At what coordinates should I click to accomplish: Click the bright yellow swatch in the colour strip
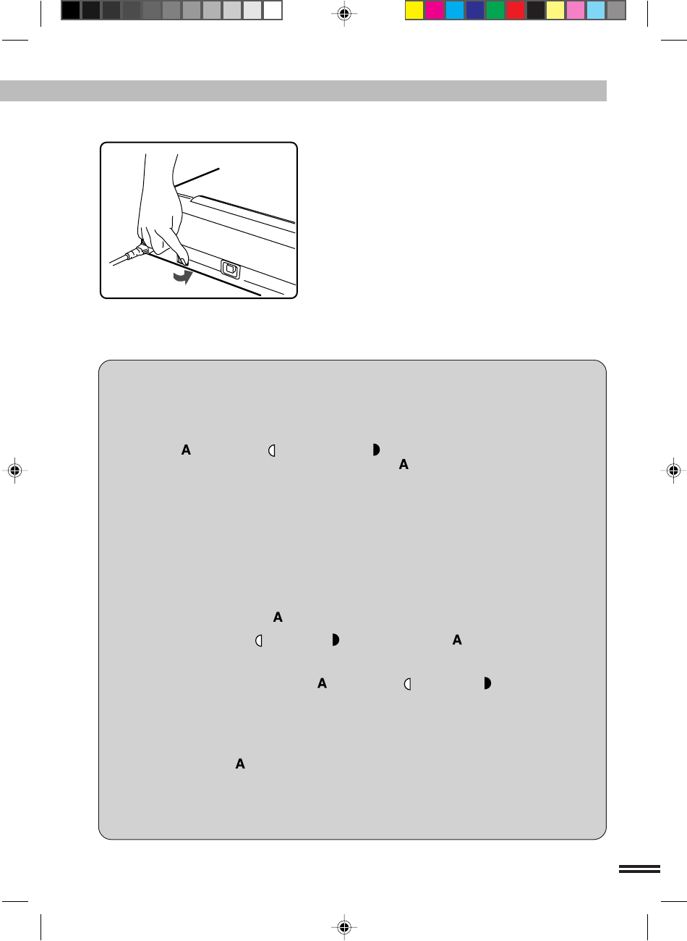[x=414, y=11]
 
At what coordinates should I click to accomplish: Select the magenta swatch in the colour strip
[x=435, y=11]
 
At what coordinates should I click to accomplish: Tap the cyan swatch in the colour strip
[x=454, y=11]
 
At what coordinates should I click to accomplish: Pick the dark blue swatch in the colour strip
[x=474, y=11]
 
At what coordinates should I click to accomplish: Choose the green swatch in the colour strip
[x=495, y=11]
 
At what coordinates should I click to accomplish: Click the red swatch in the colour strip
[x=516, y=11]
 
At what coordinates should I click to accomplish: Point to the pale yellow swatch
[x=555, y=11]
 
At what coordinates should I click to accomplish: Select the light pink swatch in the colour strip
[x=576, y=11]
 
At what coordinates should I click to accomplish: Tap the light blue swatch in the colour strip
[x=596, y=11]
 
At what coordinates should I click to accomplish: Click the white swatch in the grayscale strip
[x=273, y=11]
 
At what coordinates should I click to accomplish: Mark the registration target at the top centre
[x=344, y=14]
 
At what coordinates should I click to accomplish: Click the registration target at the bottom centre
[x=344, y=927]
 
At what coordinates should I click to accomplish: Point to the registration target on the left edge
[x=14, y=470]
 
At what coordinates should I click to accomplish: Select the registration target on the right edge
[x=673, y=470]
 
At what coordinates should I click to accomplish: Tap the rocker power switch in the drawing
[x=231, y=269]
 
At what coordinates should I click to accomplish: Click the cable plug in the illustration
[x=135, y=252]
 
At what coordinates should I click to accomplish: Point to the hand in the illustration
[x=162, y=210]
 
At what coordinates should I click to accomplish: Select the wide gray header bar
[x=303, y=90]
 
